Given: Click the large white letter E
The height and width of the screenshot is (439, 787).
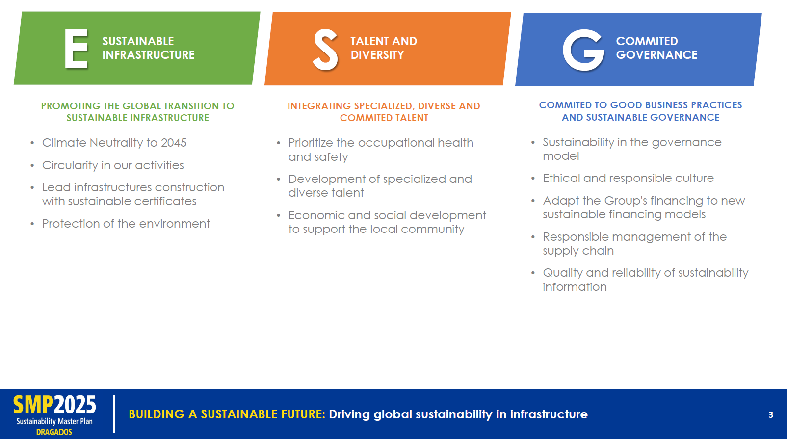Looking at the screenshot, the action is point(76,49).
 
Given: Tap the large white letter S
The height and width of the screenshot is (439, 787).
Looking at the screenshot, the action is point(325,50).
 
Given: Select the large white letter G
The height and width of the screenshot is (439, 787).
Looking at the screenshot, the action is point(583,50).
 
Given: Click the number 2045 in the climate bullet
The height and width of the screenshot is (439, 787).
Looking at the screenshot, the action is point(174,143).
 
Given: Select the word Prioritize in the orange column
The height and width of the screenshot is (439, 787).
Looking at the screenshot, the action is point(311,143).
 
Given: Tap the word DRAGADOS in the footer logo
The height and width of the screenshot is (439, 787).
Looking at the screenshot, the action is point(54,432).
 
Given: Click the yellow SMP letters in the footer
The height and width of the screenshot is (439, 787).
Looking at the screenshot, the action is point(33,405).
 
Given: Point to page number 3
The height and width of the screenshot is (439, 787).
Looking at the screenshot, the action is point(771,415).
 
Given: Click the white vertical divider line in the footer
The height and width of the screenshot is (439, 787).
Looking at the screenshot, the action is point(114,414).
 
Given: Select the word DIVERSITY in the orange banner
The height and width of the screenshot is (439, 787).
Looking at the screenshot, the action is point(377,55).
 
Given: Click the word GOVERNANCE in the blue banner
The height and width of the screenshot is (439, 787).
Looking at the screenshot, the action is point(656,55).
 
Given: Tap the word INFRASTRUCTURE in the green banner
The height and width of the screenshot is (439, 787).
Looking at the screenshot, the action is point(148,55).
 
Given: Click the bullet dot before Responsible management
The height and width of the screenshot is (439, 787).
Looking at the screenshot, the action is point(533,237).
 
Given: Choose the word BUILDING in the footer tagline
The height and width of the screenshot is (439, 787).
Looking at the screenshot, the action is point(157,414).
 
